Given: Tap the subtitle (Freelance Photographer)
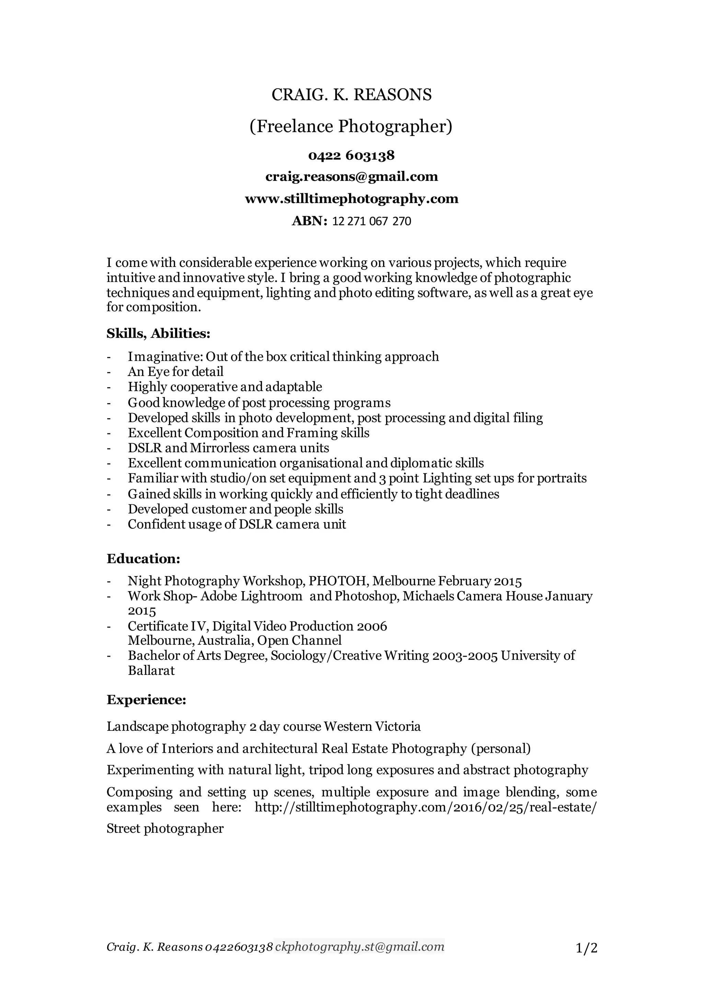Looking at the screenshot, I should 351,127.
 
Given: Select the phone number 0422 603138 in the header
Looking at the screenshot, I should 351,155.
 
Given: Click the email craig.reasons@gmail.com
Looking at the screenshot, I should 351,177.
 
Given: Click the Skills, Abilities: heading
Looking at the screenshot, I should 158,334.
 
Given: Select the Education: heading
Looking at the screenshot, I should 143,559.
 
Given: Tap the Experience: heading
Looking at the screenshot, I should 146,700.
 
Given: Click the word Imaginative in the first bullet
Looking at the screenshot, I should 165,357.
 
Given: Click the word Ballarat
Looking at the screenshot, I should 151,671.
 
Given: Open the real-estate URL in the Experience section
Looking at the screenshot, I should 425,807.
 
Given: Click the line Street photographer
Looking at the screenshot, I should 165,829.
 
